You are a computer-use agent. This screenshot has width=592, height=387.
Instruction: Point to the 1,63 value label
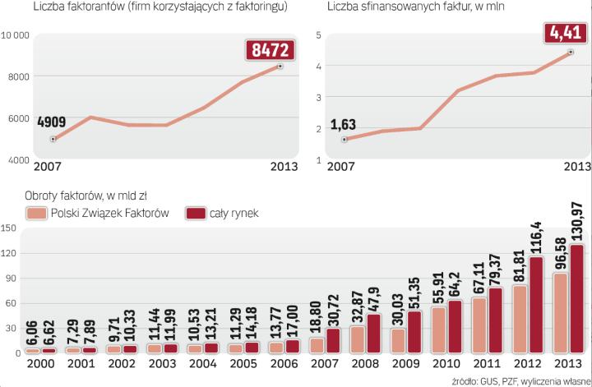(344, 125)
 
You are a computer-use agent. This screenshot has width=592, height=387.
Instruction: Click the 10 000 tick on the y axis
(16, 35)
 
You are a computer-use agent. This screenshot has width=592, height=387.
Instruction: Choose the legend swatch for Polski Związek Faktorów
(36, 214)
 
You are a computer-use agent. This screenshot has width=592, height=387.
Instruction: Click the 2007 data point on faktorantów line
(53, 140)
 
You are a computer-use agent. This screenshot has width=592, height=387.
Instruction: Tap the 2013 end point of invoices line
(571, 53)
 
